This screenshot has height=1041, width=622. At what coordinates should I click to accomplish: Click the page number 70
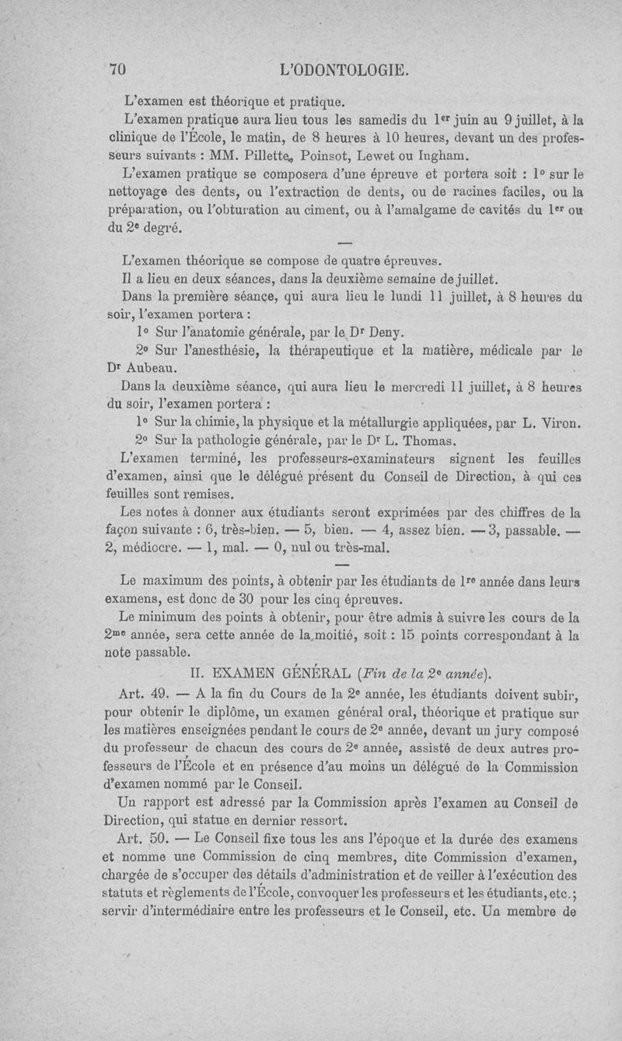(x=119, y=69)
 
